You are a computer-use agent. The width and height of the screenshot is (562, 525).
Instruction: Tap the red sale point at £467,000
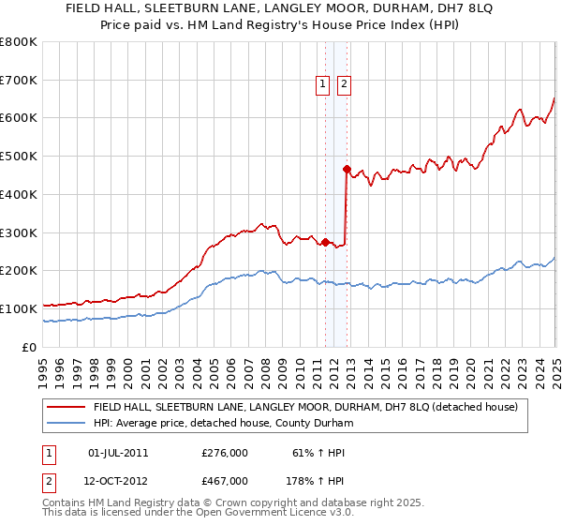click(x=347, y=169)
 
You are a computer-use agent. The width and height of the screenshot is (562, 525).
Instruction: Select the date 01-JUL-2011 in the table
click(x=118, y=453)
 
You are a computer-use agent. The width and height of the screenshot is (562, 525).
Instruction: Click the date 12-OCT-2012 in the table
click(x=119, y=481)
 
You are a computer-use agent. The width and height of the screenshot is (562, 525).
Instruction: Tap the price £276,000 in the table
click(x=225, y=453)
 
